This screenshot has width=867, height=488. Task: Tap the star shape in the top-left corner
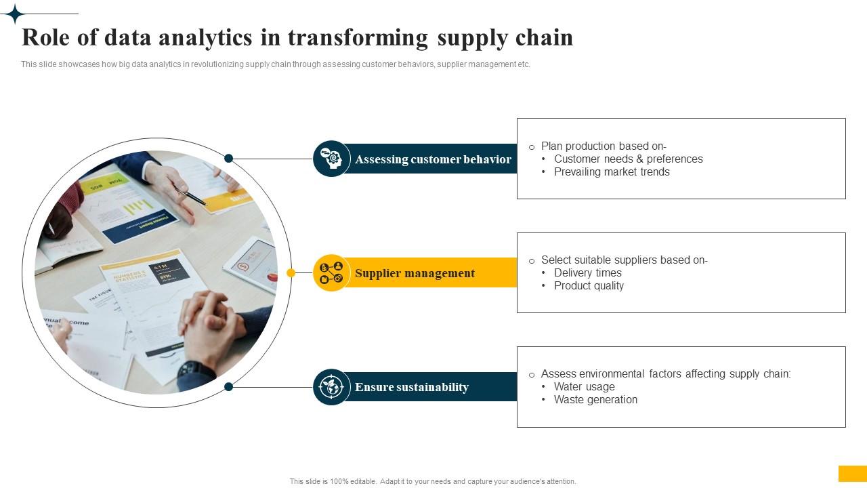pos(14,14)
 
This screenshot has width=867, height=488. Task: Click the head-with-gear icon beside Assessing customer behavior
pos(331,159)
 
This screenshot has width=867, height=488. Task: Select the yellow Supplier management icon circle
pos(331,272)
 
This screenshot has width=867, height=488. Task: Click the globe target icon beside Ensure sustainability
pos(331,387)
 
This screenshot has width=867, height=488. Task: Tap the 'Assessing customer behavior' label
pos(433,159)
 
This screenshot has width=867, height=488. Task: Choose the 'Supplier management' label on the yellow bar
pos(415,273)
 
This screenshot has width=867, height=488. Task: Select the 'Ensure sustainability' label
pos(411,387)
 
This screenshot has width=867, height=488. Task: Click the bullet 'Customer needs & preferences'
pos(628,159)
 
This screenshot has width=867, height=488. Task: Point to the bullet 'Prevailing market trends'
pos(612,171)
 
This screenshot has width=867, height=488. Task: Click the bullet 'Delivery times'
pos(587,272)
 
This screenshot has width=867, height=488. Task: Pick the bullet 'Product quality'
pos(589,285)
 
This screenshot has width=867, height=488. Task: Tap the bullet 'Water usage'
pos(584,386)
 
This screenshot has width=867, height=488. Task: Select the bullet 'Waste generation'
pos(595,399)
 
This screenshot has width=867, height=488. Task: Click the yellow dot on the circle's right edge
pos(291,273)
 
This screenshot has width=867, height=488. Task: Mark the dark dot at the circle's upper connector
pos(229,159)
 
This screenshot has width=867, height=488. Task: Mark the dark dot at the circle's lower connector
pos(229,386)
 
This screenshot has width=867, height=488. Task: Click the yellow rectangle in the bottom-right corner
pos(852,473)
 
